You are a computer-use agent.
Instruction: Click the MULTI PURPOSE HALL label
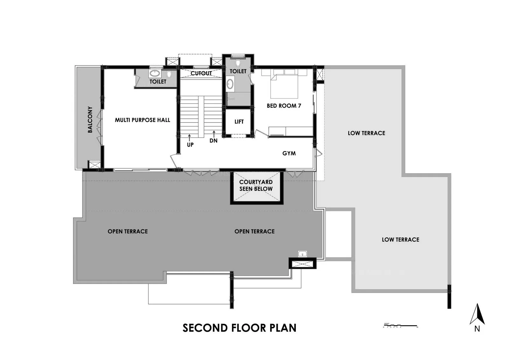tap(142, 120)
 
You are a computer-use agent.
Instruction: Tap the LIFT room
tap(239, 122)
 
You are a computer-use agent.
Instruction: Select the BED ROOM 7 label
tap(284, 106)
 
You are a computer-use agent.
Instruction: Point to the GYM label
tap(289, 153)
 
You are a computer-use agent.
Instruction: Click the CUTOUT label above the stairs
tap(201, 73)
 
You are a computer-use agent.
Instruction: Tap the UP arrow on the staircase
tap(189, 138)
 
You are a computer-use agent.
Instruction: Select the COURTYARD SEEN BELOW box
tap(256, 187)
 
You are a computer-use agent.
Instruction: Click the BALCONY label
tap(90, 119)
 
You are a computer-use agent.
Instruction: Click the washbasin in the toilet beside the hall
tap(155, 74)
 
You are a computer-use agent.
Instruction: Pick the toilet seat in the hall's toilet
tap(169, 74)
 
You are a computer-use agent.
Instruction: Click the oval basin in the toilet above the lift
tap(230, 84)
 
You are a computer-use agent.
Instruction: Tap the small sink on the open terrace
tap(302, 254)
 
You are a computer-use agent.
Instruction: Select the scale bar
tap(400, 326)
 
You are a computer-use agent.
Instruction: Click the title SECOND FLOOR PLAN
tap(239, 328)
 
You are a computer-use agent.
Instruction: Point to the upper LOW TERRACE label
tap(366, 133)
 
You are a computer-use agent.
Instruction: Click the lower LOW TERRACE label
tap(400, 239)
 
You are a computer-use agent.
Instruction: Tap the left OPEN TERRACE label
tap(128, 231)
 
